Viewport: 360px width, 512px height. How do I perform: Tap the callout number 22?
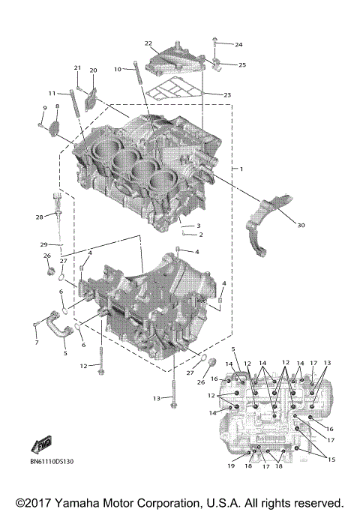click(148, 43)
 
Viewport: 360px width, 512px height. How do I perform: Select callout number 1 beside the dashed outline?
click(241, 170)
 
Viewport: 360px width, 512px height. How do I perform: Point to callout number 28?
click(40, 217)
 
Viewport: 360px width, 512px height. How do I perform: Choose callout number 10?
click(117, 69)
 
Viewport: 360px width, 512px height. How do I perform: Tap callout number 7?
click(35, 343)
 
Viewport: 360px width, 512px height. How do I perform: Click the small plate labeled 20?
click(91, 97)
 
